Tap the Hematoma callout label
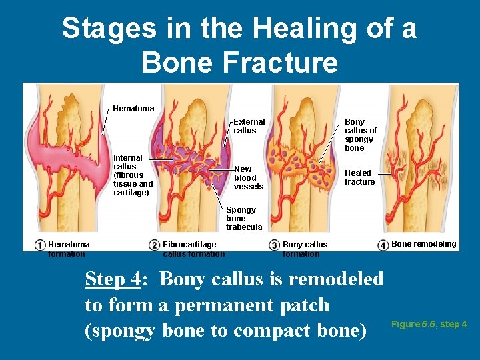point(133,108)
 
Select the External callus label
point(249,126)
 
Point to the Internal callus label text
point(133,175)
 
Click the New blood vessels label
point(248,178)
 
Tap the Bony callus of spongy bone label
point(360,135)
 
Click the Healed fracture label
point(359,177)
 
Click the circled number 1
point(41,245)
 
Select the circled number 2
point(155,245)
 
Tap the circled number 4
point(383,245)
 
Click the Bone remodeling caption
point(423,244)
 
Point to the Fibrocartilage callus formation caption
point(193,249)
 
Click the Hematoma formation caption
point(69,249)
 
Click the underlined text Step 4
point(113,279)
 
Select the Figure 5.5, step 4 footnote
point(429,325)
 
